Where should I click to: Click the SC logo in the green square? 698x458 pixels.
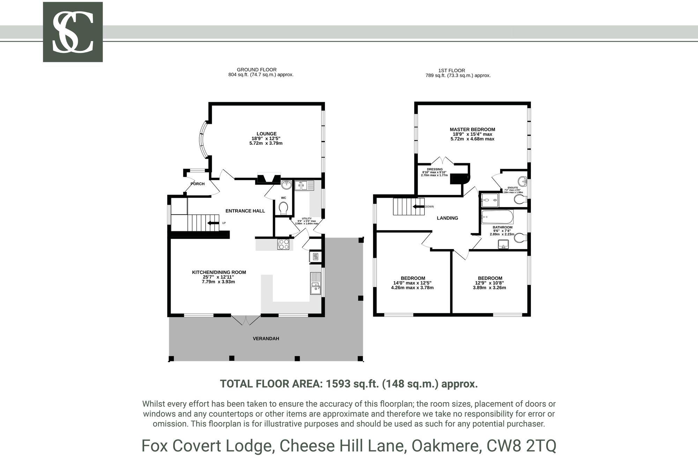pos(73,32)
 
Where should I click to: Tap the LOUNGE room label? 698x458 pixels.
pos(266,134)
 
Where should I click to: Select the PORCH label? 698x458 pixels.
pos(198,184)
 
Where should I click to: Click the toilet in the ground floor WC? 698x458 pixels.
pos(283,208)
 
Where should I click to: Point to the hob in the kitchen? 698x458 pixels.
pos(283,244)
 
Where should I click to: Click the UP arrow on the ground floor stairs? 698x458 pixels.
pos(213,223)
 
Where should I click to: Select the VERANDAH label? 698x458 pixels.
pos(266,338)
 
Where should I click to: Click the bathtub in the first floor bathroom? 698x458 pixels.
pos(497,217)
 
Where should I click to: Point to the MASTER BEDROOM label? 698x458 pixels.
pos(472,129)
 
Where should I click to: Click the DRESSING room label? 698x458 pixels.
pos(435,169)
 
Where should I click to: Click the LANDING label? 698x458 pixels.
pos(447,218)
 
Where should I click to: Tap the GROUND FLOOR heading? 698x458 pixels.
pos(257,69)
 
